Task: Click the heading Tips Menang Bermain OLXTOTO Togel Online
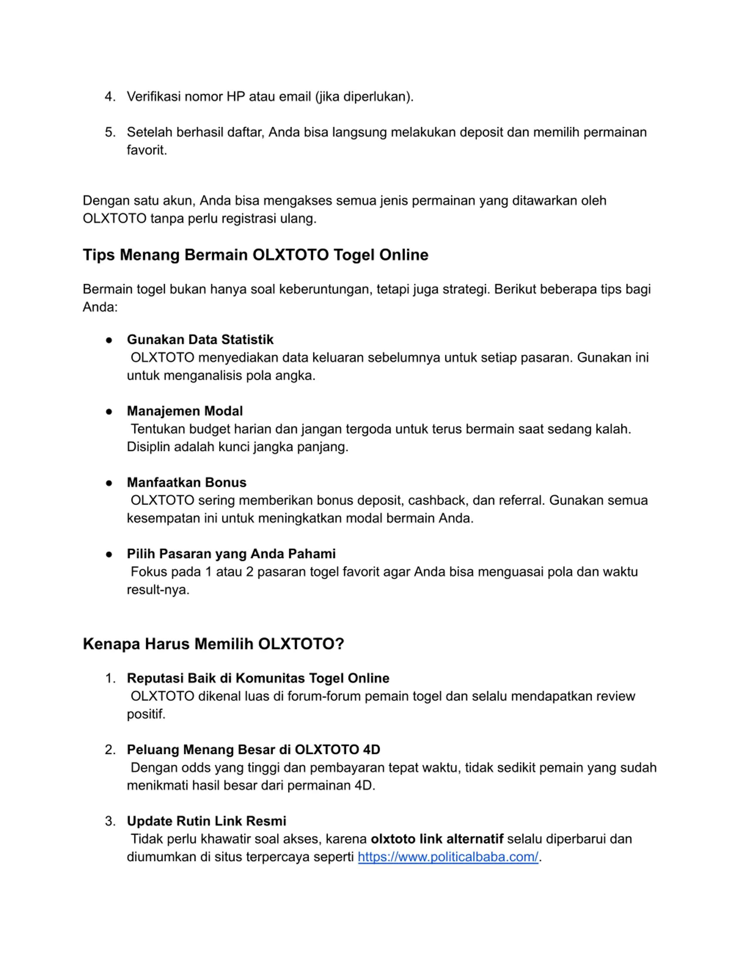(256, 255)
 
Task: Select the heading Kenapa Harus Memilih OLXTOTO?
(214, 644)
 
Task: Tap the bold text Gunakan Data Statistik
(200, 339)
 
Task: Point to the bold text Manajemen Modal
(185, 411)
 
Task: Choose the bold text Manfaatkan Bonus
(186, 482)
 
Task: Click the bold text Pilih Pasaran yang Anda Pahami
(231, 554)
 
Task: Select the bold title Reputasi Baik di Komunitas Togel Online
(258, 678)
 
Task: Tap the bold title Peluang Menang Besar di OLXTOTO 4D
(253, 750)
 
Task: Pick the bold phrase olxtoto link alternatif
(437, 839)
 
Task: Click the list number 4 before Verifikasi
(109, 97)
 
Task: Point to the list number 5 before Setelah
(109, 132)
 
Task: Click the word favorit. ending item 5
(147, 151)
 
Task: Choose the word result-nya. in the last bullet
(158, 590)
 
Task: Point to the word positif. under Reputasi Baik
(146, 714)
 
